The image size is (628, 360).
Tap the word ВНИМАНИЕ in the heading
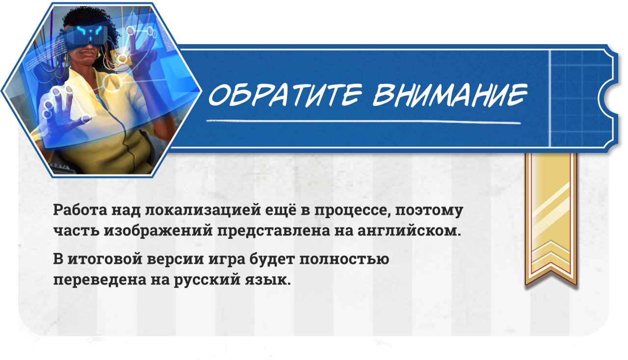(450, 95)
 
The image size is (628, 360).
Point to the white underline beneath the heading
(364, 122)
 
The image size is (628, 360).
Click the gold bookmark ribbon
(551, 219)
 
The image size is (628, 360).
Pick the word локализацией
(203, 210)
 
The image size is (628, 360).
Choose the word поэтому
(429, 211)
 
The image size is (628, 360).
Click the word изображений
(158, 231)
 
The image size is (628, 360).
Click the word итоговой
(105, 259)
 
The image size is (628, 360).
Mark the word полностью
(344, 259)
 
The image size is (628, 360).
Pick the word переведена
(100, 280)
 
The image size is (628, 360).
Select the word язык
(268, 280)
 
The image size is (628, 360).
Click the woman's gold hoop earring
(98, 55)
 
